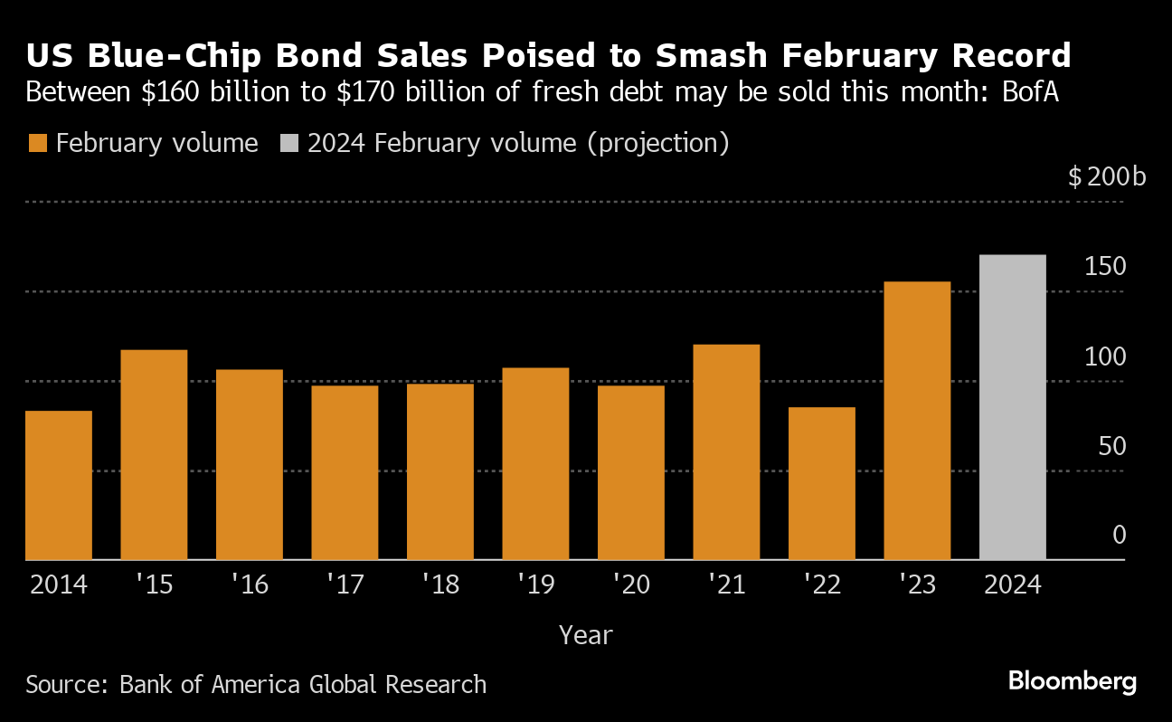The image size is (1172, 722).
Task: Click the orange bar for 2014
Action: (x=59, y=485)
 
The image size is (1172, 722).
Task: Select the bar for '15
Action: (x=154, y=454)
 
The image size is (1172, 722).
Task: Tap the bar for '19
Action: (x=535, y=463)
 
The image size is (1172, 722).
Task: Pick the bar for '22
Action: (x=821, y=483)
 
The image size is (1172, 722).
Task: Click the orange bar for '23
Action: (x=917, y=421)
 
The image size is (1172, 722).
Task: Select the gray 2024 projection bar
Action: (x=1013, y=407)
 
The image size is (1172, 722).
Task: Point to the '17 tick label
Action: (x=345, y=585)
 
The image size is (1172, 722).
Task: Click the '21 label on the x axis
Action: (x=726, y=585)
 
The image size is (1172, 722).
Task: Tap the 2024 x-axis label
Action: (x=1012, y=585)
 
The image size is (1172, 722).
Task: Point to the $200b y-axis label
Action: (x=1107, y=176)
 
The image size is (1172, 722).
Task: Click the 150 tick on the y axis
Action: (x=1106, y=267)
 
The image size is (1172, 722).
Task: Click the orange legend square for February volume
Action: (x=38, y=143)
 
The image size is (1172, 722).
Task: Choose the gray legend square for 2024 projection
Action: (x=289, y=143)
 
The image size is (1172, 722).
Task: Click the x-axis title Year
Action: (x=586, y=635)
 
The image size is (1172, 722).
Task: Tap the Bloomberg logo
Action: (x=1072, y=681)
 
